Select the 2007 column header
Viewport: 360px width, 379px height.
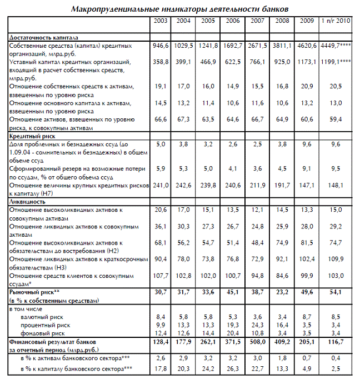(257, 21)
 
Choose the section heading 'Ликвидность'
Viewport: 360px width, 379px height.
(28, 202)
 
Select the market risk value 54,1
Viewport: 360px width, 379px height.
(335, 291)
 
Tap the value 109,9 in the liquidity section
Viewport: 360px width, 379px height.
(335, 259)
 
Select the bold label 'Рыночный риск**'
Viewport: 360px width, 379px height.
(34, 291)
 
